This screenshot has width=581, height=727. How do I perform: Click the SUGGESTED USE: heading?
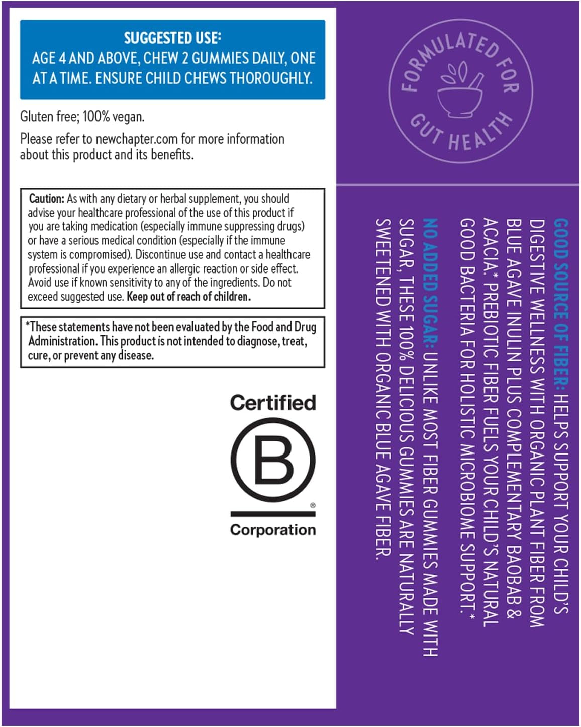click(x=172, y=38)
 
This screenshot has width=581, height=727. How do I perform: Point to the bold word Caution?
click(x=46, y=198)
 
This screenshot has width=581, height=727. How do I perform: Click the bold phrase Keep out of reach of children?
click(x=188, y=297)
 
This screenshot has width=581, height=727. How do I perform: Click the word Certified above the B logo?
click(x=273, y=403)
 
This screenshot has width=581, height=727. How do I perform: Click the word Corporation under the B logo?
click(x=273, y=530)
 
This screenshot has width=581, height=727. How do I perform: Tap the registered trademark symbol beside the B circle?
click(x=313, y=505)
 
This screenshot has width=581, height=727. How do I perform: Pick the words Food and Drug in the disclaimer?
click(x=283, y=327)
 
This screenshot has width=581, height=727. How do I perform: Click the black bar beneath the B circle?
click(x=273, y=514)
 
